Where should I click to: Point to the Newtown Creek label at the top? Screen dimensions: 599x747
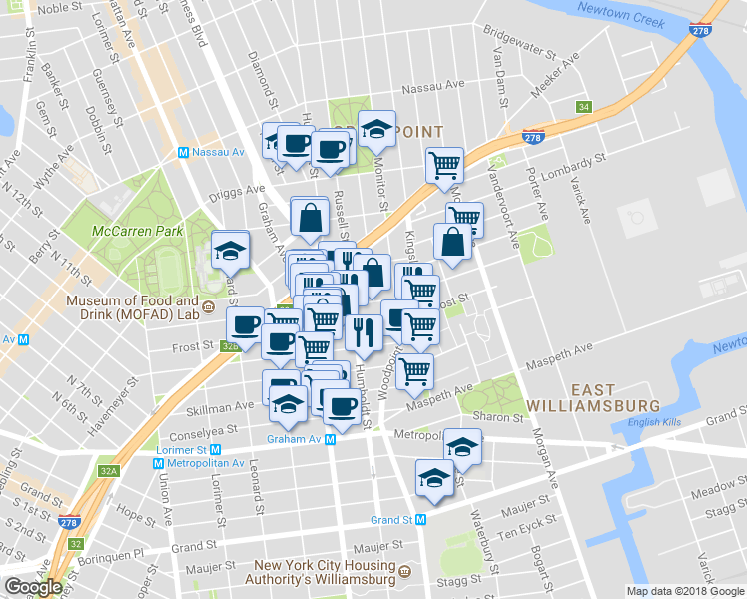[x=627, y=18]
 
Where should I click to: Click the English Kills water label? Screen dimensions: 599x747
[x=653, y=422]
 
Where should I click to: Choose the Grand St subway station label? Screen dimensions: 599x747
[x=398, y=519]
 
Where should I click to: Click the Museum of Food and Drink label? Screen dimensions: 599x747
[x=132, y=307]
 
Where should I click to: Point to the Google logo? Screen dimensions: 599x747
[x=33, y=587]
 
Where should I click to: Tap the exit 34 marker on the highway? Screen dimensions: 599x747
[x=583, y=107]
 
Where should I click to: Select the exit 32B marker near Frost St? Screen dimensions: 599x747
[x=230, y=346]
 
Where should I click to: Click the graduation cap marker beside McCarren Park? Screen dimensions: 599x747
[x=231, y=251]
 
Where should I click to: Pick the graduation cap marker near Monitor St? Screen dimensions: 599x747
[x=376, y=129]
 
